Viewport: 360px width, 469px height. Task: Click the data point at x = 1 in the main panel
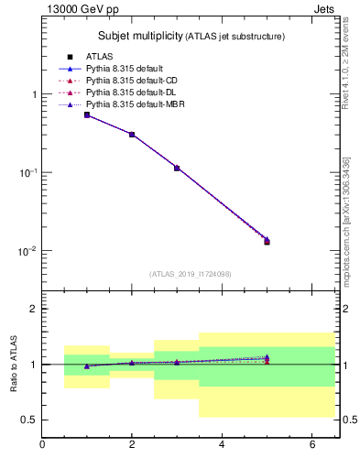point(87,115)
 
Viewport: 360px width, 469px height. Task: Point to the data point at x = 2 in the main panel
point(132,135)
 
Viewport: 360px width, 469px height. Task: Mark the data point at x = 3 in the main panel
point(177,168)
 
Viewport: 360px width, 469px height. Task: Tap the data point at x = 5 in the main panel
point(267,241)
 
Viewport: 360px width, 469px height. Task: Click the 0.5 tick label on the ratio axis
point(29,420)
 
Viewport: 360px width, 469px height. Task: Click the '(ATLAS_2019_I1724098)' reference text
point(191,274)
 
